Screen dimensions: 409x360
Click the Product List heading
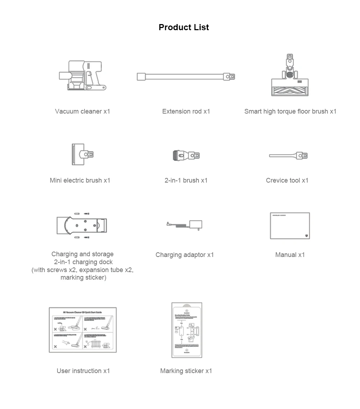click(183, 27)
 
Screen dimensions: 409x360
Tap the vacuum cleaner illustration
click(82, 75)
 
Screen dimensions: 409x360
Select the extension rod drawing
click(186, 77)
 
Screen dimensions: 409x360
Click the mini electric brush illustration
click(83, 155)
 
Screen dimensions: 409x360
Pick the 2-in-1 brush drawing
click(186, 155)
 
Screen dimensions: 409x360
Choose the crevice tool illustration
click(288, 156)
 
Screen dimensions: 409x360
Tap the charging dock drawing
click(82, 226)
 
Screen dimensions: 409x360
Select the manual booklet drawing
click(290, 226)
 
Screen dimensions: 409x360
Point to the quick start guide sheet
click(83, 330)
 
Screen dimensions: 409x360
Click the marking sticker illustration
click(187, 330)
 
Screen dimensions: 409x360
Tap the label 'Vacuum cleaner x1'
click(82, 111)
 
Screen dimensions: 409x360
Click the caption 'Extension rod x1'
click(186, 111)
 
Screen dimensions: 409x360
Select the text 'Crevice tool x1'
click(287, 180)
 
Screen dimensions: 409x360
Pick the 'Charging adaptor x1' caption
click(184, 255)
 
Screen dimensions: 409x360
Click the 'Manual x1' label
click(290, 255)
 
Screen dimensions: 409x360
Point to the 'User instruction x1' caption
click(83, 371)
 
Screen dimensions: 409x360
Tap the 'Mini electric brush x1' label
click(80, 180)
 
